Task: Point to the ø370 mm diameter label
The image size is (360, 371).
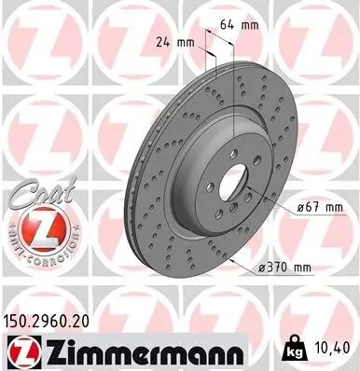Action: (x=284, y=267)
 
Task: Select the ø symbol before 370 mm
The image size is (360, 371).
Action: (x=261, y=267)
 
